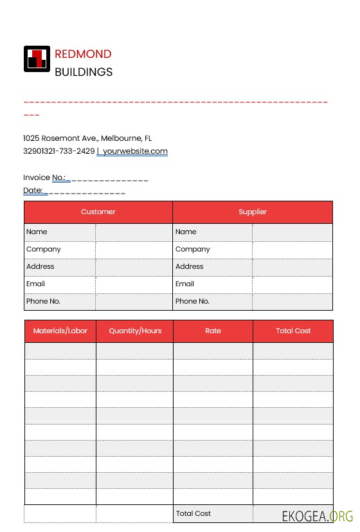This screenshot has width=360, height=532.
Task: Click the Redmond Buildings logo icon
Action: (x=37, y=59)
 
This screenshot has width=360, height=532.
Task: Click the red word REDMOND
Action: (x=83, y=54)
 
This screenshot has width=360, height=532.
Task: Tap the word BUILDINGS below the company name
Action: (x=84, y=72)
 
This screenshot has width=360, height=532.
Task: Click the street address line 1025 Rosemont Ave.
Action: (x=87, y=138)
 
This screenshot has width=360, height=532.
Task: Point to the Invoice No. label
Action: (x=44, y=178)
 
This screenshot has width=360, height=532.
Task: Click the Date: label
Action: (x=33, y=190)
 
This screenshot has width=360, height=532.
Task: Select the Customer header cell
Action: (x=98, y=212)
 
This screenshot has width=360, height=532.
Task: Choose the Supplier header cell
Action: (x=253, y=212)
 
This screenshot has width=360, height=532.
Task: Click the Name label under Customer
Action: (x=37, y=232)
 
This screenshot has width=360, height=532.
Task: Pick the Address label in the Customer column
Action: (x=40, y=266)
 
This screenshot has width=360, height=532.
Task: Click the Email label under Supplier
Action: (x=184, y=284)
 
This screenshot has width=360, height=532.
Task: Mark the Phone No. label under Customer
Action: (x=43, y=301)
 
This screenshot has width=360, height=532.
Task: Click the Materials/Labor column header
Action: (x=60, y=331)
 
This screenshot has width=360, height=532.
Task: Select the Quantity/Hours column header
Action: (x=135, y=331)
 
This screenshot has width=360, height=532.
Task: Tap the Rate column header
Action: (x=213, y=331)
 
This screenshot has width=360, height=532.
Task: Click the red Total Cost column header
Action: (x=293, y=331)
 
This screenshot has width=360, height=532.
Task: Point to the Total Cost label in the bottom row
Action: (x=194, y=513)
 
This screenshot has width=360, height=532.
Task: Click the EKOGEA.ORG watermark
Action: (x=318, y=516)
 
